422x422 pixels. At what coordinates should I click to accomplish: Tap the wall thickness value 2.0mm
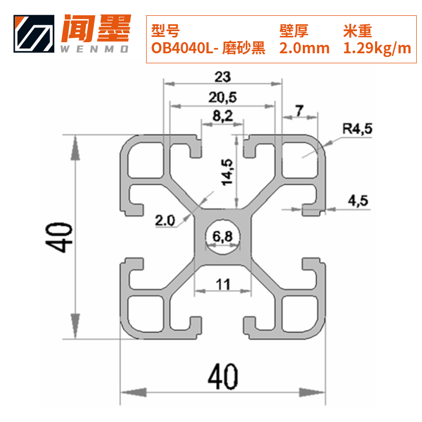tap(304, 49)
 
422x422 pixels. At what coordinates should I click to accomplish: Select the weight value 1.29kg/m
tap(377, 49)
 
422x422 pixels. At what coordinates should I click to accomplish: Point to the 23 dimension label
tap(223, 77)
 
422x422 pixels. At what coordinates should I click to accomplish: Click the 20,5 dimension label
tap(223, 98)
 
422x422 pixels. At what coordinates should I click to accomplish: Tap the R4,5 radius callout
tap(357, 128)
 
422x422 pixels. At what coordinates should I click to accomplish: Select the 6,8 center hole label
tap(222, 237)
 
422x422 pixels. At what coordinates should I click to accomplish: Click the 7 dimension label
tap(299, 111)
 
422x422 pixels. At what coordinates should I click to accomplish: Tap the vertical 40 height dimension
tap(59, 237)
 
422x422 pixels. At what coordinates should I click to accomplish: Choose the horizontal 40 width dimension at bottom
tap(223, 376)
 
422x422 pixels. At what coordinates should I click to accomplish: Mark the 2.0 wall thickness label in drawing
tap(165, 220)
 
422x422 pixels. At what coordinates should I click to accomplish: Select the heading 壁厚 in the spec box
tap(293, 31)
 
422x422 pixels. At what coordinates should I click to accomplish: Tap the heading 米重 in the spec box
tap(357, 31)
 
